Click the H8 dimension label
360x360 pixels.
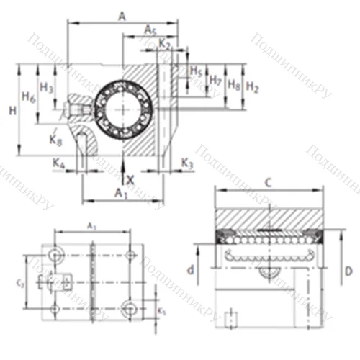pyautogui.click(x=234, y=84)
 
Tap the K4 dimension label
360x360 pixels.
pyautogui.click(x=60, y=165)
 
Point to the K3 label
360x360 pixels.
pyautogui.click(x=187, y=164)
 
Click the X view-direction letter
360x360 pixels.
pyautogui.click(x=130, y=178)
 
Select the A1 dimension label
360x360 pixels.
pyautogui.click(x=122, y=194)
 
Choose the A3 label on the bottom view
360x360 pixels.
pyautogui.click(x=92, y=227)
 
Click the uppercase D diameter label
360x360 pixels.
pyautogui.click(x=347, y=271)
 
